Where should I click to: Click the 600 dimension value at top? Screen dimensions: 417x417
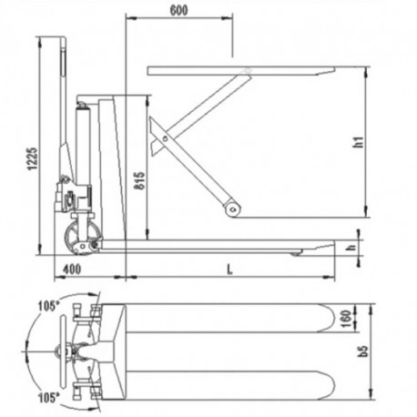[179, 10]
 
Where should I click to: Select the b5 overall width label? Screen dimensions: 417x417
[363, 352]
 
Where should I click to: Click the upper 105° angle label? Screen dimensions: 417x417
[50, 305]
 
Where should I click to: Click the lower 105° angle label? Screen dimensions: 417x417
[50, 398]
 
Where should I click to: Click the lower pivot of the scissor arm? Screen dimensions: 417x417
[234, 209]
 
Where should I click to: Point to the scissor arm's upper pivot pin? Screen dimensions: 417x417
[165, 138]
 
